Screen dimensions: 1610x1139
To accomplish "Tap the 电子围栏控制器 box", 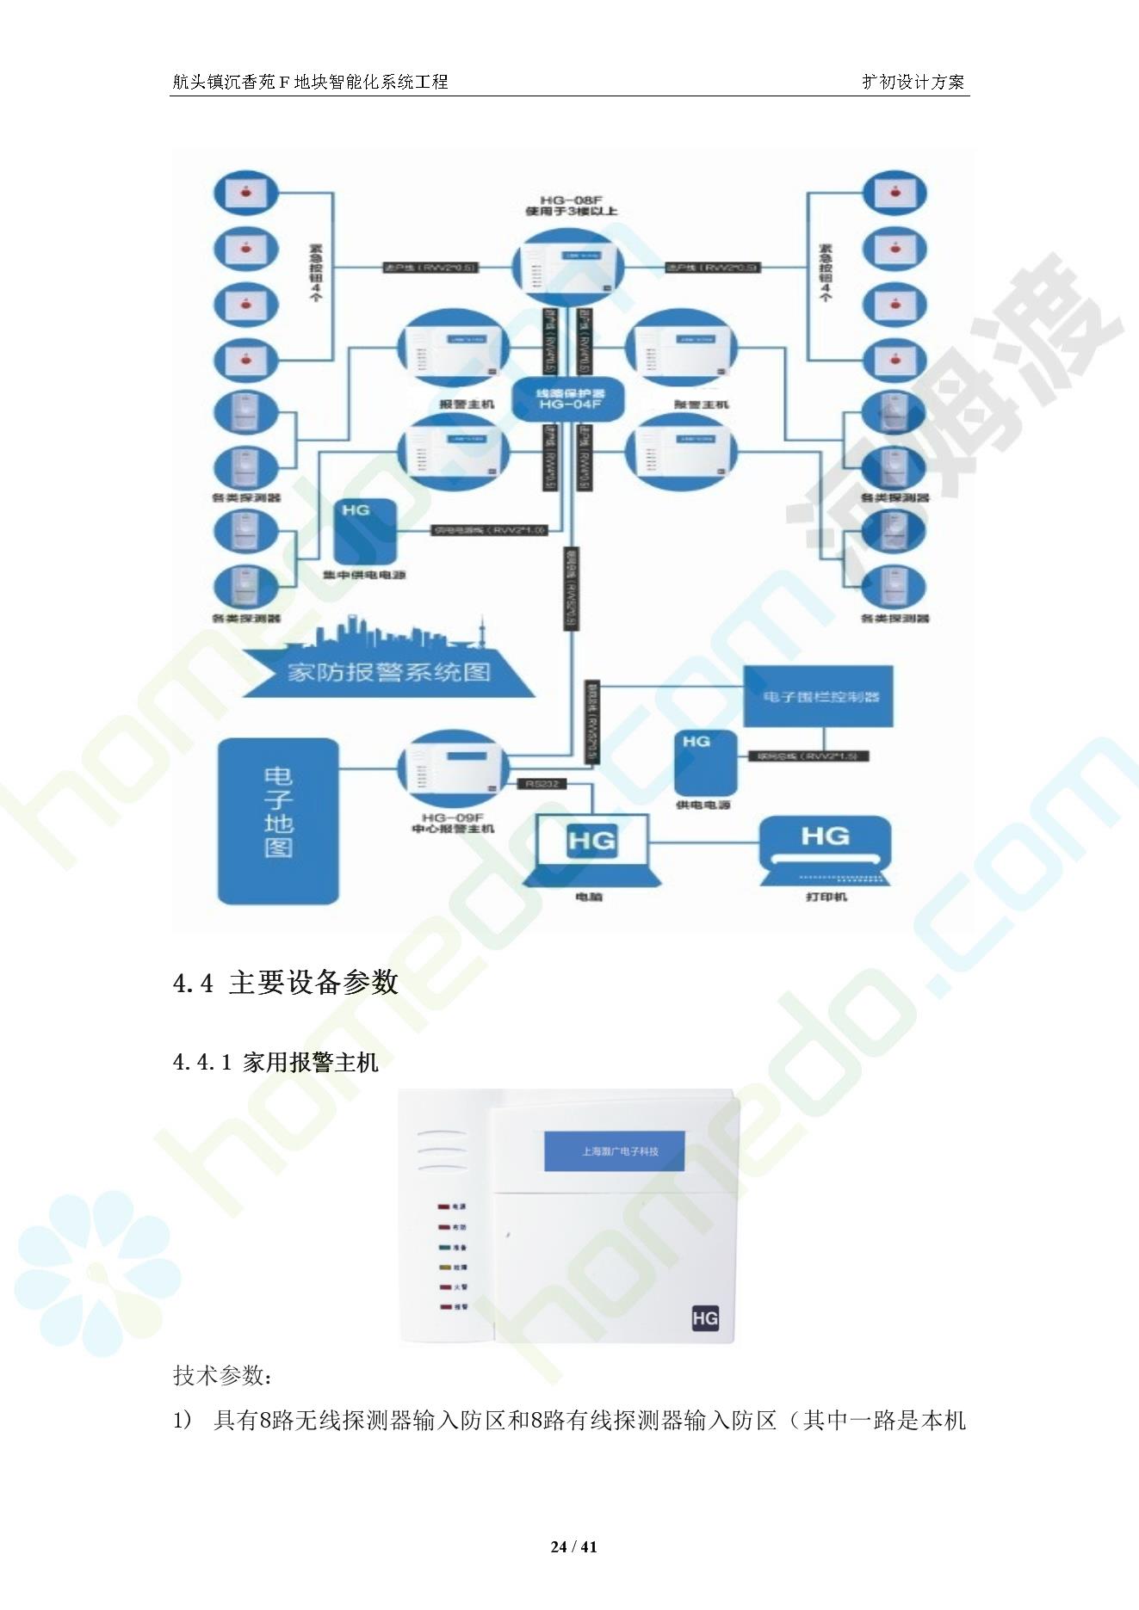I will tap(818, 696).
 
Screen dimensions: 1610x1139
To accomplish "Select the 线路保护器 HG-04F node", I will tap(567, 398).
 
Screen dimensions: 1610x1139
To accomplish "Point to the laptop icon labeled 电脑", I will tap(591, 851).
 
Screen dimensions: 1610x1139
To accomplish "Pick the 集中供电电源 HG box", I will tap(365, 531).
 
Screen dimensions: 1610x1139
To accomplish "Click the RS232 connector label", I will tap(542, 784).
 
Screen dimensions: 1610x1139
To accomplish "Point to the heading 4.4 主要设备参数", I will tap(286, 982).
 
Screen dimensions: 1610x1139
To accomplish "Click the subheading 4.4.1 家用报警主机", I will tap(275, 1063).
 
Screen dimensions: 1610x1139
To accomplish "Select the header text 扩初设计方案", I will tap(913, 82).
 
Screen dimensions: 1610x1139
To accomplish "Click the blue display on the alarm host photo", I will tap(614, 1150).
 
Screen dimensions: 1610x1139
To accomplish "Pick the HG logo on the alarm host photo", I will tap(704, 1317).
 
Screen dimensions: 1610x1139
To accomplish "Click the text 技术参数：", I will tap(222, 1375).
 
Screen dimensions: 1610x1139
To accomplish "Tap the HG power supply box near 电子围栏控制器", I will tap(705, 762).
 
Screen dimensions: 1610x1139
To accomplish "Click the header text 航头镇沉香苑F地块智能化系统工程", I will tap(310, 82).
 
